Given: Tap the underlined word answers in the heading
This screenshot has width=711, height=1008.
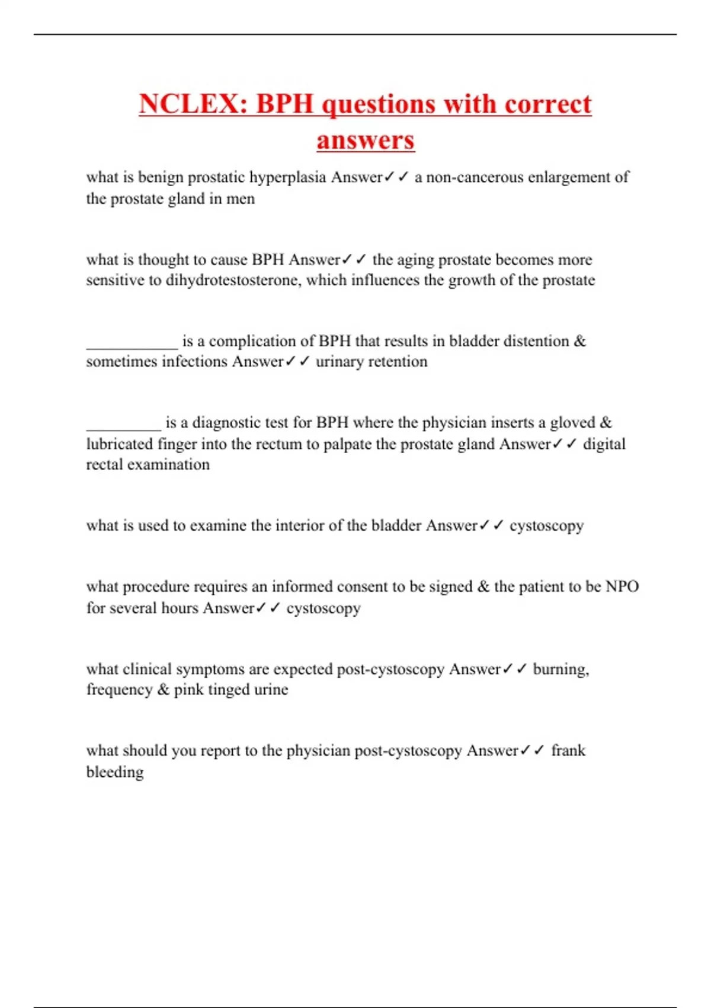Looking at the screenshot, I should tap(365, 141).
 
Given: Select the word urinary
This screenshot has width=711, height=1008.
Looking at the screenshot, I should tap(340, 362).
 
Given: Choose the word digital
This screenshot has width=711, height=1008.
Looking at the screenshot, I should tap(604, 444).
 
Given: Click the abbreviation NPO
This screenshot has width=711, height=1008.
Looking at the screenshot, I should tap(622, 586).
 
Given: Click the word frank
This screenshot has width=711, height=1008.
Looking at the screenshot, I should tap(568, 751).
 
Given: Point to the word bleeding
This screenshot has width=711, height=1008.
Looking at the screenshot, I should tap(115, 772).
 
